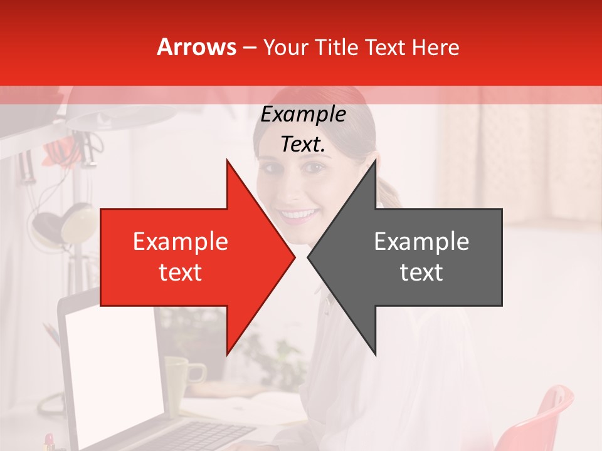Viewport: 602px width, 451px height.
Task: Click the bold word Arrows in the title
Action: click(197, 47)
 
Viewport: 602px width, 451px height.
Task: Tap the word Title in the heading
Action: click(339, 47)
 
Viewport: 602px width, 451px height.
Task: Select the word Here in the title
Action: click(435, 47)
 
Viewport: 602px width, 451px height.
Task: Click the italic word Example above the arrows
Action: click(304, 115)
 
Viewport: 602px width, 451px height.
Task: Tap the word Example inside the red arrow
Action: click(181, 242)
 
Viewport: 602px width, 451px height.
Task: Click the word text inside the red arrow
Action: click(181, 272)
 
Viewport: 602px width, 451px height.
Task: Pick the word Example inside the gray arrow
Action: click(421, 242)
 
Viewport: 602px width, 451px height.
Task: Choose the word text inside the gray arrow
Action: click(421, 272)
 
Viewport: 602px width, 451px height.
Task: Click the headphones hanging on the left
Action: click(63, 225)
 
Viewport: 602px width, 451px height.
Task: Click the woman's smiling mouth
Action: click(299, 215)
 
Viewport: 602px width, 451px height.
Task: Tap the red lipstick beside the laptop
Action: click(49, 441)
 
